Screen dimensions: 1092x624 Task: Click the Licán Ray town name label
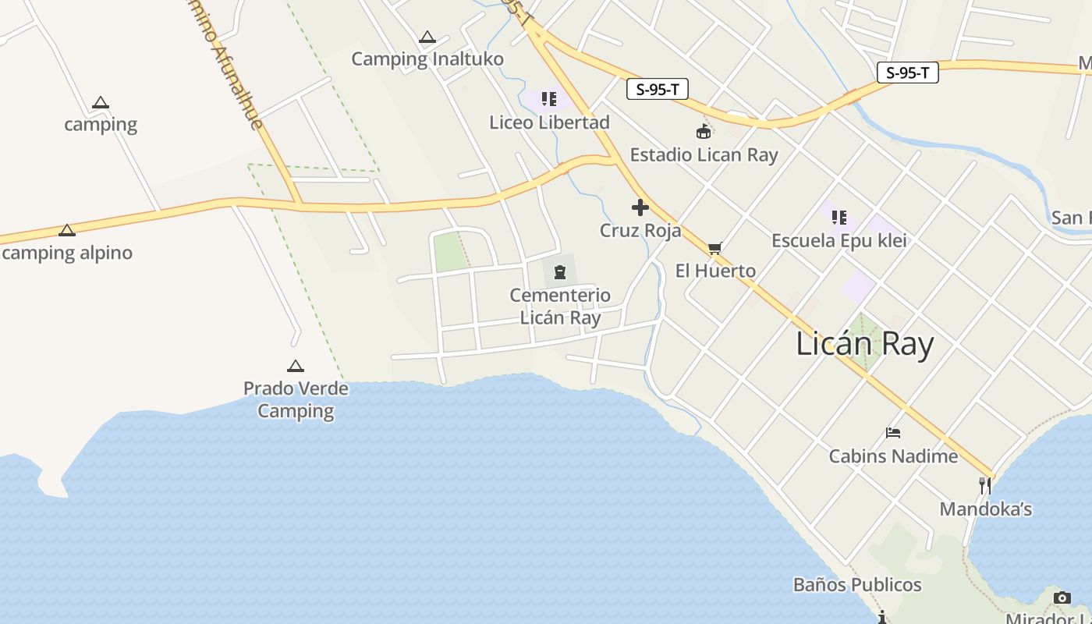pyautogui.click(x=864, y=344)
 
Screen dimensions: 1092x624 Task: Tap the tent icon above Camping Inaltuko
pyautogui.click(x=427, y=37)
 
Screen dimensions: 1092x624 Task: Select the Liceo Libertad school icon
pyautogui.click(x=549, y=99)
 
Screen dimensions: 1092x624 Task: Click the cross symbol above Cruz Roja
pyautogui.click(x=640, y=207)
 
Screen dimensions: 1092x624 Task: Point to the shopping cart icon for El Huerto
pyautogui.click(x=714, y=249)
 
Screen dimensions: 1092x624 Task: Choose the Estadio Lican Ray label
pyautogui.click(x=704, y=154)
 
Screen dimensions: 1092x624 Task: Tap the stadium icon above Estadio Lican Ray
pyautogui.click(x=704, y=131)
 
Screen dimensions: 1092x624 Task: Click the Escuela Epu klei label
pyautogui.click(x=838, y=240)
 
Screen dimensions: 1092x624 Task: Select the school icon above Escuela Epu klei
pyautogui.click(x=839, y=217)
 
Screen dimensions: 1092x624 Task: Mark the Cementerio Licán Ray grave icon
pyautogui.click(x=560, y=272)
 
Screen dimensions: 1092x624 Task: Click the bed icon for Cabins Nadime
pyautogui.click(x=893, y=433)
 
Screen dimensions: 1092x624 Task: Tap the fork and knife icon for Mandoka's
pyautogui.click(x=985, y=486)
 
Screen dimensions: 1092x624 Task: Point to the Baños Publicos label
pyautogui.click(x=857, y=585)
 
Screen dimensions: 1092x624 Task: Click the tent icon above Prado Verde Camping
pyautogui.click(x=295, y=366)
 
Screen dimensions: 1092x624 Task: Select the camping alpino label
pyautogui.click(x=67, y=253)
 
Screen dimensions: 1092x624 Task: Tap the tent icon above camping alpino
pyautogui.click(x=67, y=230)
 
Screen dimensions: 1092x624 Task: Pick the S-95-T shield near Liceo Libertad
pyautogui.click(x=657, y=89)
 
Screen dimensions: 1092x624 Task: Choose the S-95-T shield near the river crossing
pyautogui.click(x=907, y=73)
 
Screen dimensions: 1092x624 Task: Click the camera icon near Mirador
pyautogui.click(x=1062, y=597)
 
